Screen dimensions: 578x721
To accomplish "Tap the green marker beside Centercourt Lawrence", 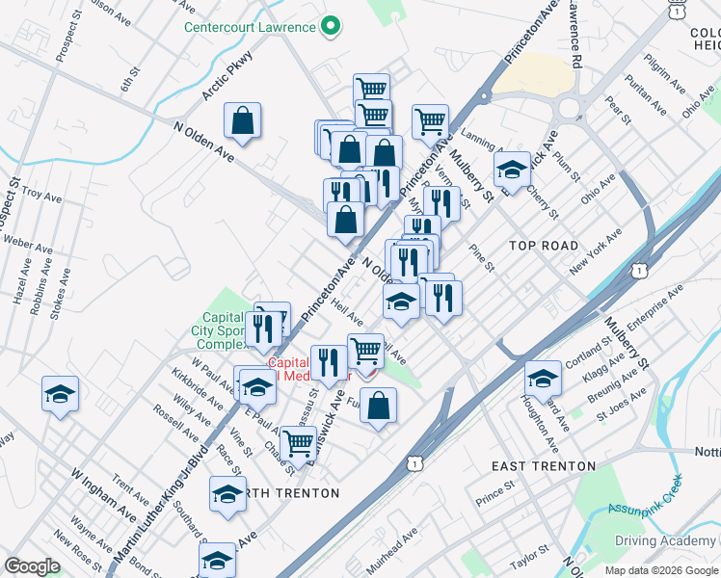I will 332,26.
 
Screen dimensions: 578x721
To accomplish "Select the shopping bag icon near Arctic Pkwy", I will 243,121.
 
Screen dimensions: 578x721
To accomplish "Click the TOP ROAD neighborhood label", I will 545,246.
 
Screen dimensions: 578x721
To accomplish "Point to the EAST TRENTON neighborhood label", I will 544,466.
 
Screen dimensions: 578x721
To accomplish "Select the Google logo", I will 32,566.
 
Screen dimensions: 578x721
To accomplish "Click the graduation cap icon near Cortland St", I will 543,378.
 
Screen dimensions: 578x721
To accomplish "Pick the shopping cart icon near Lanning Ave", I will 430,122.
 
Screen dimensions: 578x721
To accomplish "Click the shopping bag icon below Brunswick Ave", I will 380,407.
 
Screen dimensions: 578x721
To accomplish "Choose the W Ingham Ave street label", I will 103,488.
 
